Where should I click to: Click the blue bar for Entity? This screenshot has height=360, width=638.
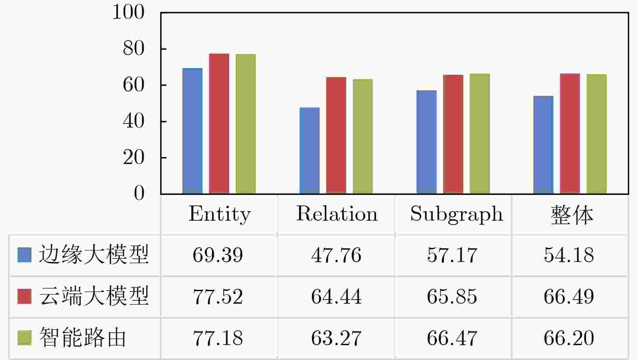pyautogui.click(x=192, y=131)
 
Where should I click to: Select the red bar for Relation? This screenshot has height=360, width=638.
pyautogui.click(x=336, y=136)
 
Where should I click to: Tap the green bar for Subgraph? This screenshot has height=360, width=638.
pyautogui.click(x=479, y=134)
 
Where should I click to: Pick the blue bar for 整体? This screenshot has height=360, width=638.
pyautogui.click(x=543, y=145)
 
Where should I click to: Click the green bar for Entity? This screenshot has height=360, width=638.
pyautogui.click(x=245, y=124)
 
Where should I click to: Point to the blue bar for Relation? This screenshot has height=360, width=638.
pyautogui.click(x=309, y=151)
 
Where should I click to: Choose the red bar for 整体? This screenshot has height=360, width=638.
pyautogui.click(x=570, y=134)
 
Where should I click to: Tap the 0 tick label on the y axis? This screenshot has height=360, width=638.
pyautogui.click(x=139, y=193)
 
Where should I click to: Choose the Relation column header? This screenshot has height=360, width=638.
pyautogui.click(x=337, y=214)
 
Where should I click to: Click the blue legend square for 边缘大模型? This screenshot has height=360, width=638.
pyautogui.click(x=24, y=255)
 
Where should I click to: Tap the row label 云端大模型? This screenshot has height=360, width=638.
pyautogui.click(x=94, y=296)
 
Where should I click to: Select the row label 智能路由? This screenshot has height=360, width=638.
pyautogui.click(x=83, y=337)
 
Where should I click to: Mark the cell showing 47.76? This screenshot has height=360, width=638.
pyautogui.click(x=336, y=255)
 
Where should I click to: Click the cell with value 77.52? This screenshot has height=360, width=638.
pyautogui.click(x=218, y=297)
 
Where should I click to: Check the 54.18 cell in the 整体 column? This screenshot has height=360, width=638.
pyautogui.click(x=569, y=255)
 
